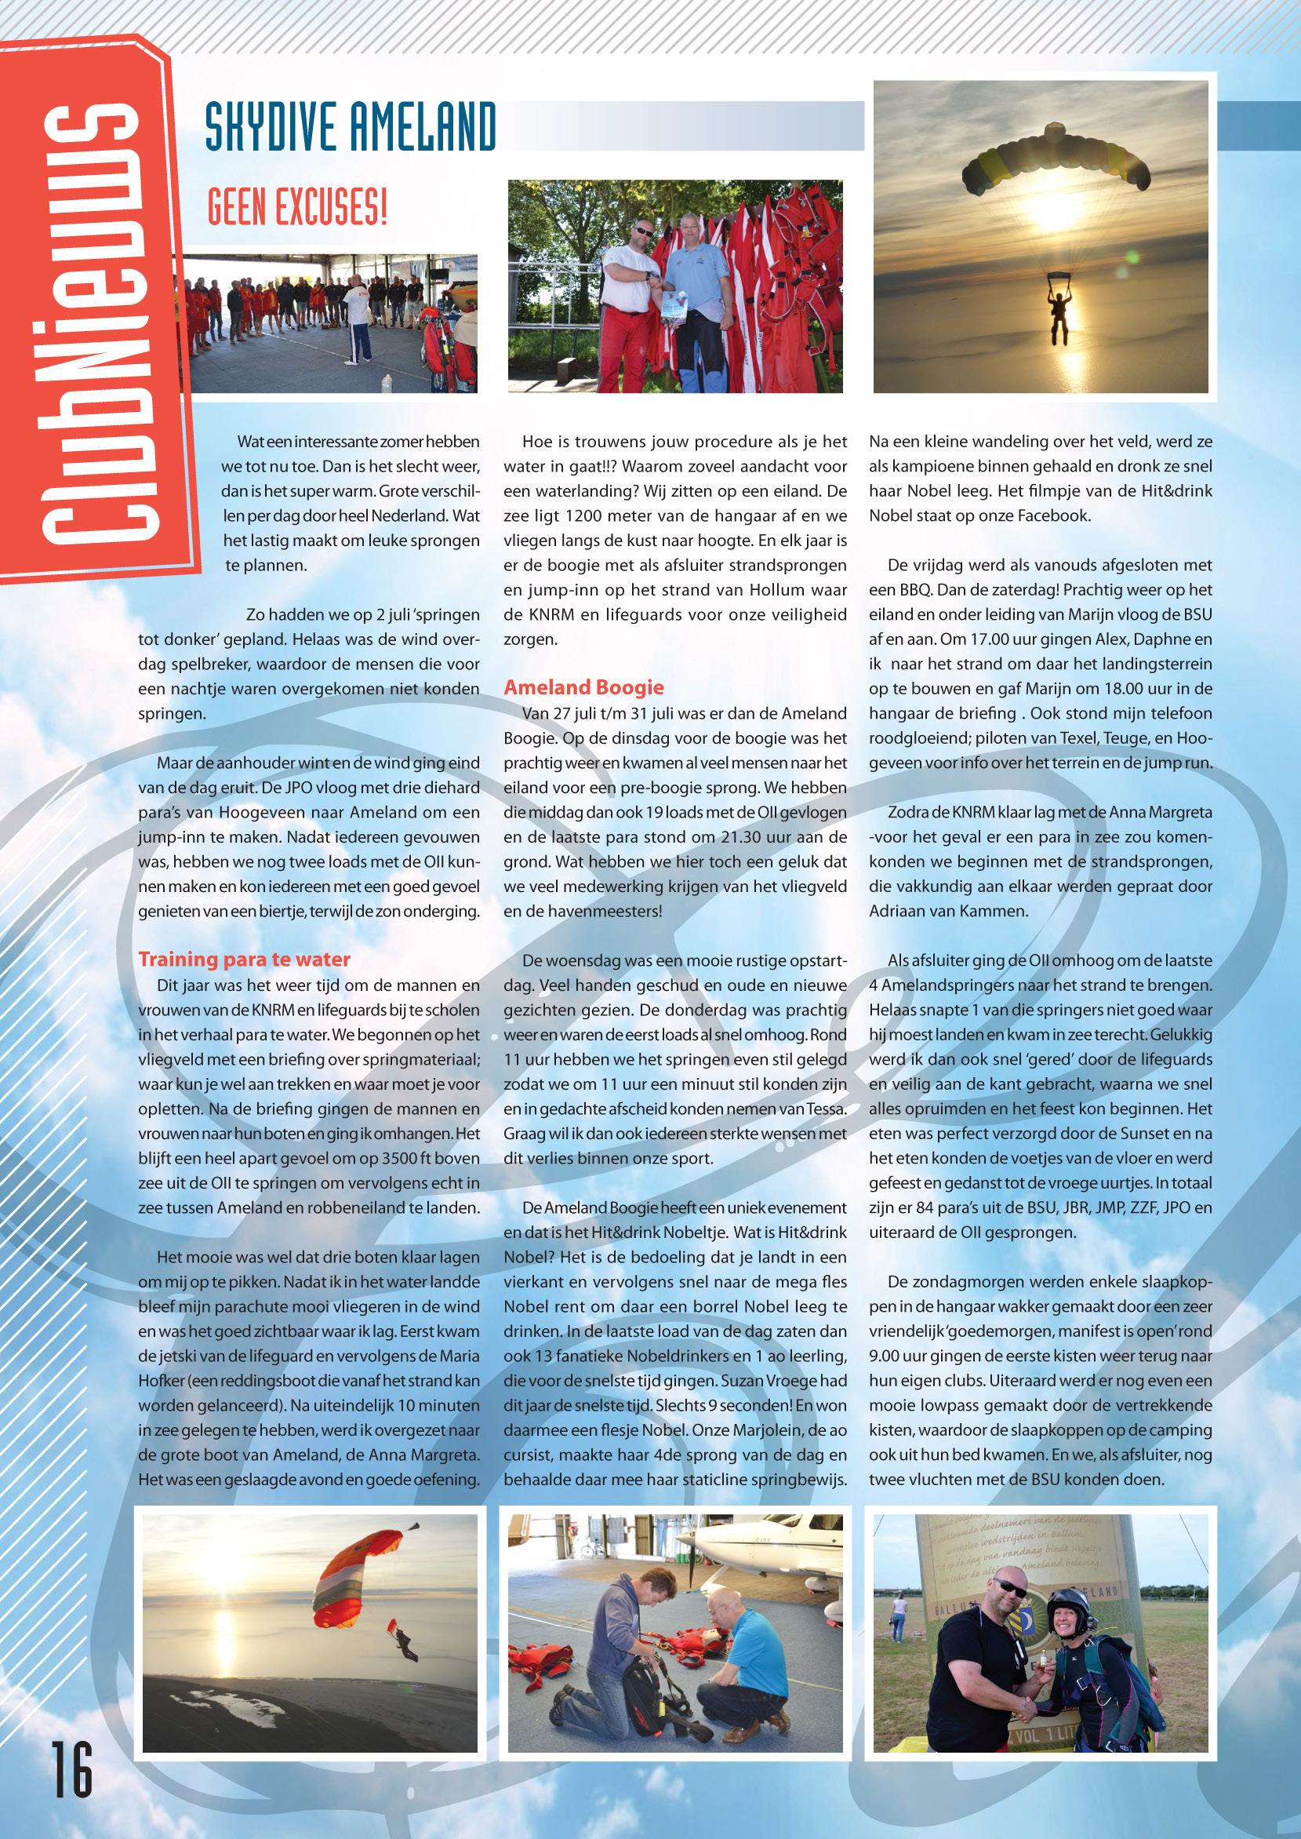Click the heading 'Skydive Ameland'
(350, 126)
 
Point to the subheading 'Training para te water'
(245, 960)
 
